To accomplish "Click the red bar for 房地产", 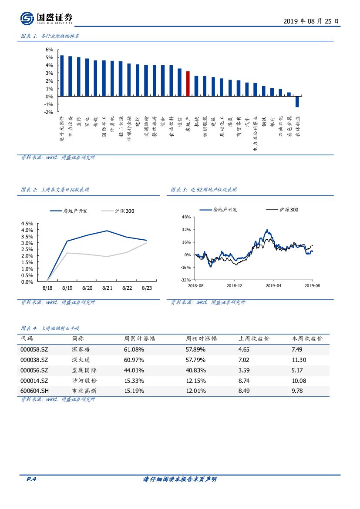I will (x=188, y=84).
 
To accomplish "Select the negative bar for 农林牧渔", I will (x=297, y=101).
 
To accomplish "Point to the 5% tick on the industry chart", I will (x=49, y=57).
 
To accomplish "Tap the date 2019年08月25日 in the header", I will (x=310, y=21).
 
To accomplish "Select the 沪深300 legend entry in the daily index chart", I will (x=118, y=211).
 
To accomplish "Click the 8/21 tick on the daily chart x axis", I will (x=107, y=288).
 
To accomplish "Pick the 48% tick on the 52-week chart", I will (x=186, y=217).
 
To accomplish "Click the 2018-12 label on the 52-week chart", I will (x=234, y=286).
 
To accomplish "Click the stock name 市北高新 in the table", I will (x=84, y=391).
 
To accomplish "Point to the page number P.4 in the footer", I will (x=31, y=479).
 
